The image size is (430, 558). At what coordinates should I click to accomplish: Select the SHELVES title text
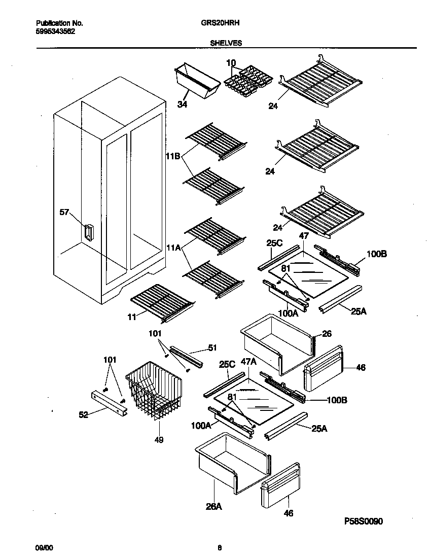226,44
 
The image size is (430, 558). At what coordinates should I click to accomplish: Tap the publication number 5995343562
56,30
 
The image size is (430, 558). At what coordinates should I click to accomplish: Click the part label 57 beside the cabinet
64,213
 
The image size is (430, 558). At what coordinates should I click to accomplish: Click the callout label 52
84,414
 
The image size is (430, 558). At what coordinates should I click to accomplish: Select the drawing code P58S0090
367,521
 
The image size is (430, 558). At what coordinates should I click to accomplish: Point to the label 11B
173,157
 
